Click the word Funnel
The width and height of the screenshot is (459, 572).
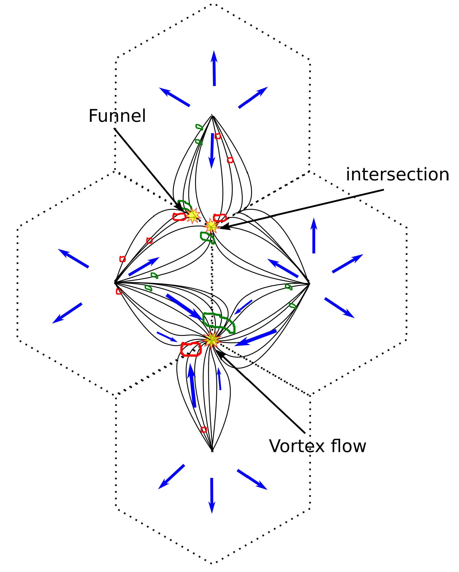pos(117,116)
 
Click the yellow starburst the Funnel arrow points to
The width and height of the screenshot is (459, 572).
pos(193,215)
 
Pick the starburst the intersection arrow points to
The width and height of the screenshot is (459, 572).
pos(211,226)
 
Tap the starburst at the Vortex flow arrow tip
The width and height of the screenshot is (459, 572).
pos(211,340)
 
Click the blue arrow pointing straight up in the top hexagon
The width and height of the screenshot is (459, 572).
pos(214,68)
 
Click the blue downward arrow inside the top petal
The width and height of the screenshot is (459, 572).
pos(212,151)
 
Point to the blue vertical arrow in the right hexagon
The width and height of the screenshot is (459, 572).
pos(314,236)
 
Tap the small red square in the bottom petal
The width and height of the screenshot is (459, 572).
pos(204,430)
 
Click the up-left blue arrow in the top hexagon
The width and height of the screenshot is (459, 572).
pos(174,97)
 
